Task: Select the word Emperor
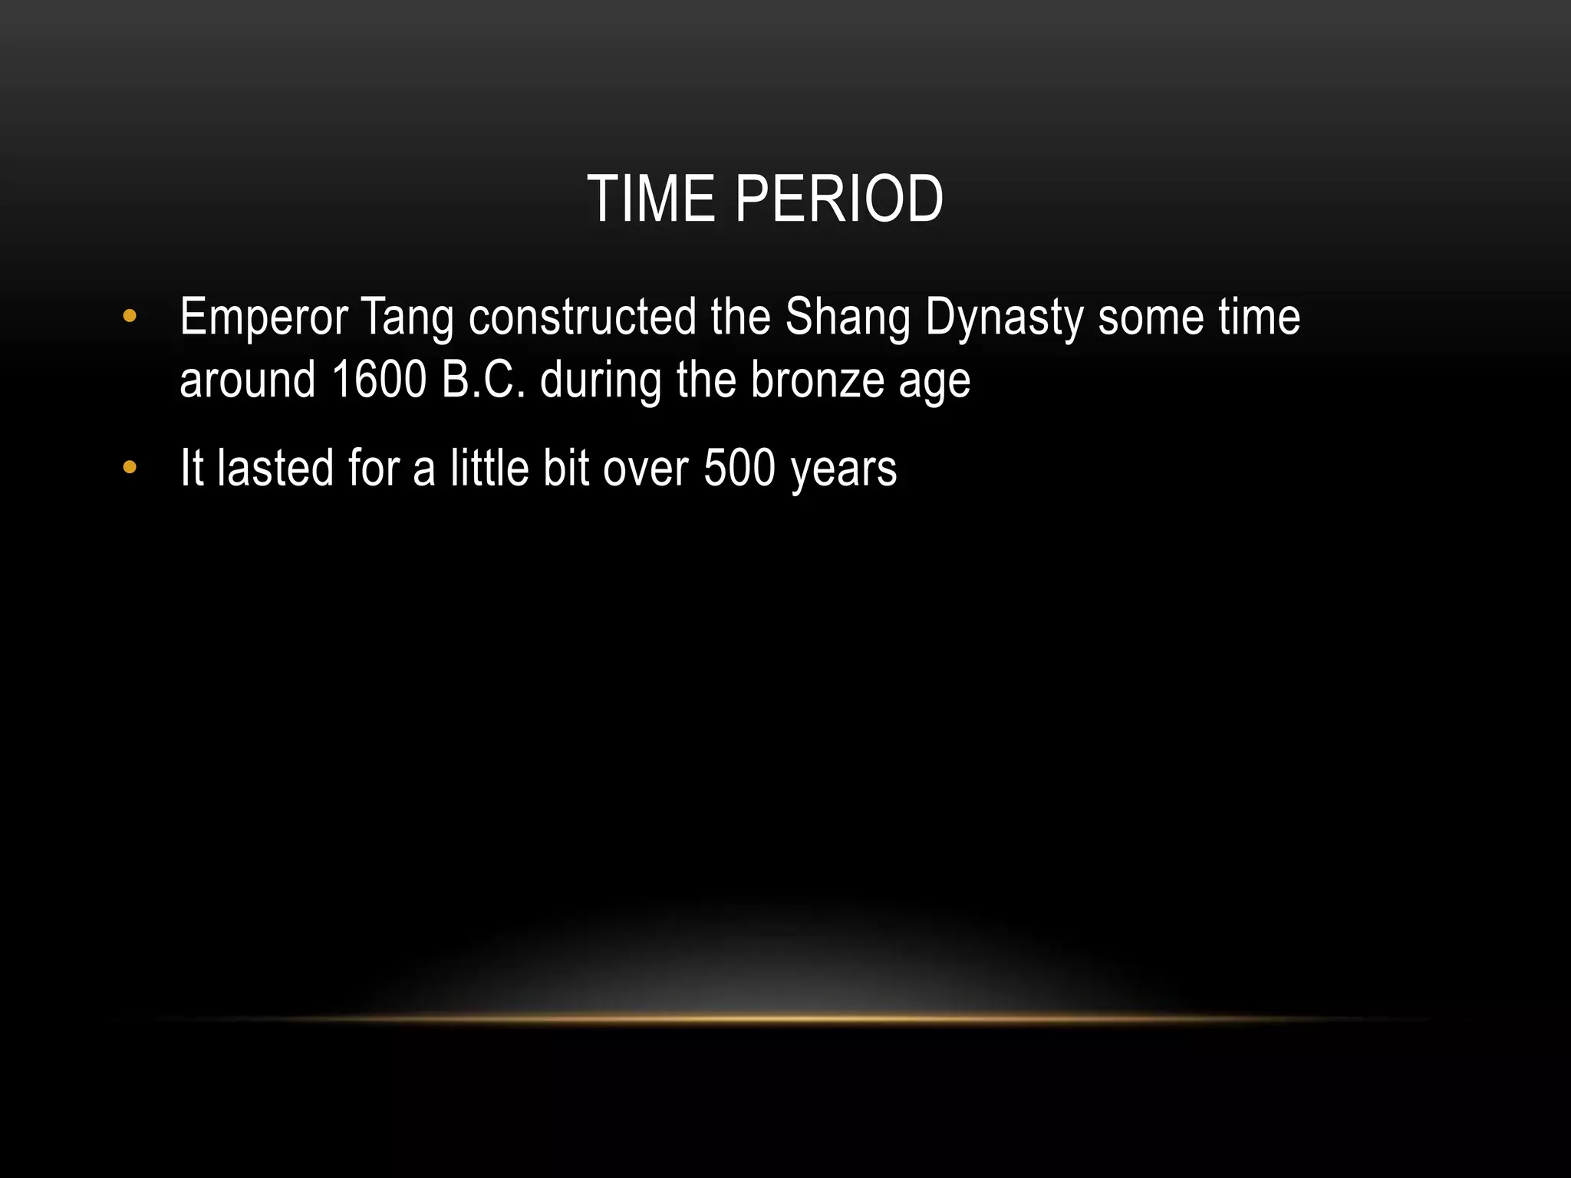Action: [x=263, y=318]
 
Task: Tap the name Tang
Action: [x=407, y=318]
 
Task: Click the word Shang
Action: [x=848, y=318]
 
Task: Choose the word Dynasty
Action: [x=1004, y=318]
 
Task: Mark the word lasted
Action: [x=275, y=468]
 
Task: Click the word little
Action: [x=489, y=468]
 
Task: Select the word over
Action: [x=645, y=469]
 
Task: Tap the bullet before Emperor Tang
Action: [x=129, y=316]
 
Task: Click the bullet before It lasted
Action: [x=129, y=467]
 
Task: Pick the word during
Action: [x=601, y=380]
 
